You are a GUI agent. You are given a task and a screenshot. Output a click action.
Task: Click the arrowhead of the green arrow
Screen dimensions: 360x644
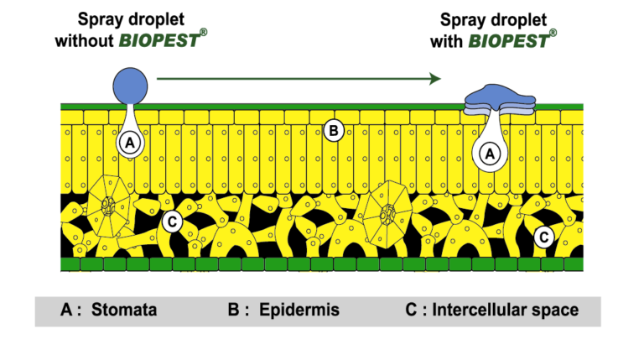click(434, 79)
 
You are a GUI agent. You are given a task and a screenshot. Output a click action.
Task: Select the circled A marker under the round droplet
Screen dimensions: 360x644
click(128, 143)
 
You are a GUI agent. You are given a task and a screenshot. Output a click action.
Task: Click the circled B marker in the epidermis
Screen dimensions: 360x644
click(333, 130)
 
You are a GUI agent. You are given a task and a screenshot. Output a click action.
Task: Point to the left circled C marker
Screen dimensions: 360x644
click(171, 222)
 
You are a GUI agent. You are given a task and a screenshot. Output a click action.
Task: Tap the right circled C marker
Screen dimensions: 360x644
click(544, 237)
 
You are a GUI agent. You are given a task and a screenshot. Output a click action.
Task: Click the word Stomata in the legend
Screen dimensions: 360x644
click(125, 310)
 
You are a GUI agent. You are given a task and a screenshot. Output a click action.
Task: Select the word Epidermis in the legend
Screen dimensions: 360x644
click(299, 310)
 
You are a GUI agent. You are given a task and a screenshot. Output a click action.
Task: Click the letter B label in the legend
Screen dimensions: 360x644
click(234, 310)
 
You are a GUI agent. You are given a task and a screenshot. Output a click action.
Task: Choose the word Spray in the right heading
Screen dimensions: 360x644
click(453, 18)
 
